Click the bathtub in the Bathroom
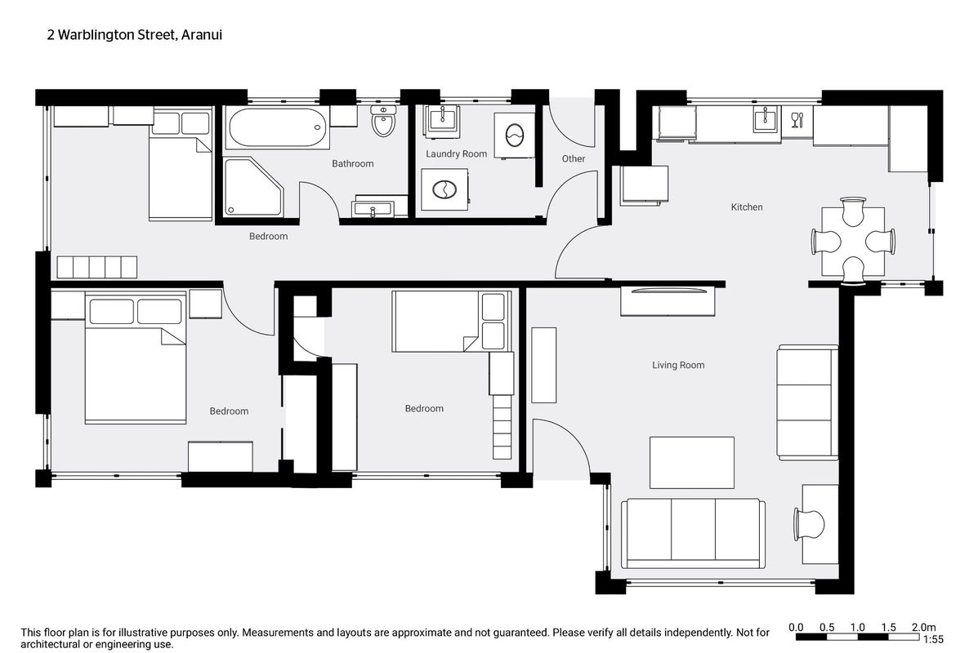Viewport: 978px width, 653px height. click(277, 128)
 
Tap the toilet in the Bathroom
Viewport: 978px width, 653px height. click(383, 121)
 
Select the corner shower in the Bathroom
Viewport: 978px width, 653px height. click(253, 187)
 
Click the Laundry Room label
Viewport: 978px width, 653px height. click(456, 154)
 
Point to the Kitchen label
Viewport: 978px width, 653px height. click(747, 207)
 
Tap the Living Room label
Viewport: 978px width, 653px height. click(678, 365)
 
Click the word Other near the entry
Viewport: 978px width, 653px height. click(574, 159)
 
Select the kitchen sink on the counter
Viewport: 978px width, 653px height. click(766, 119)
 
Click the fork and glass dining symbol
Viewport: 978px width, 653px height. click(797, 120)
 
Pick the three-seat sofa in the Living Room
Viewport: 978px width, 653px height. click(693, 533)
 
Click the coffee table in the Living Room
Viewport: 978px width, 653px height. click(692, 462)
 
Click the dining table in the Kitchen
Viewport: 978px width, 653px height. click(853, 242)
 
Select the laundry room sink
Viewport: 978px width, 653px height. click(442, 120)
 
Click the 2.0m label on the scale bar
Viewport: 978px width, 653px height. click(924, 628)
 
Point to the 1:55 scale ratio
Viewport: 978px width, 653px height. click(933, 639)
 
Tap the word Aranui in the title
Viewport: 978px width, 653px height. click(202, 35)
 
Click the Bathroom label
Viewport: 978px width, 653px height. click(352, 164)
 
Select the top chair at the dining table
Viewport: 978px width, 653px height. click(853, 212)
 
